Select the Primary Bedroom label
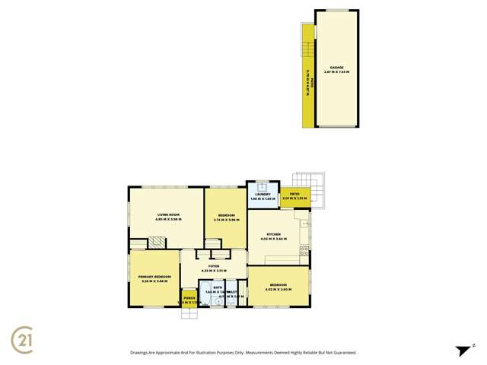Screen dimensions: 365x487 tap(154, 276)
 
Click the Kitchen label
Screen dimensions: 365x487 tap(274, 233)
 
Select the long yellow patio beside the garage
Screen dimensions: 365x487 tap(308, 76)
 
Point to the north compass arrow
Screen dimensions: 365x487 tap(463, 351)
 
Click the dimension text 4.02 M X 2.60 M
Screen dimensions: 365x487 tap(279, 289)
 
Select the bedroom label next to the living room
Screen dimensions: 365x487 tap(225, 216)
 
